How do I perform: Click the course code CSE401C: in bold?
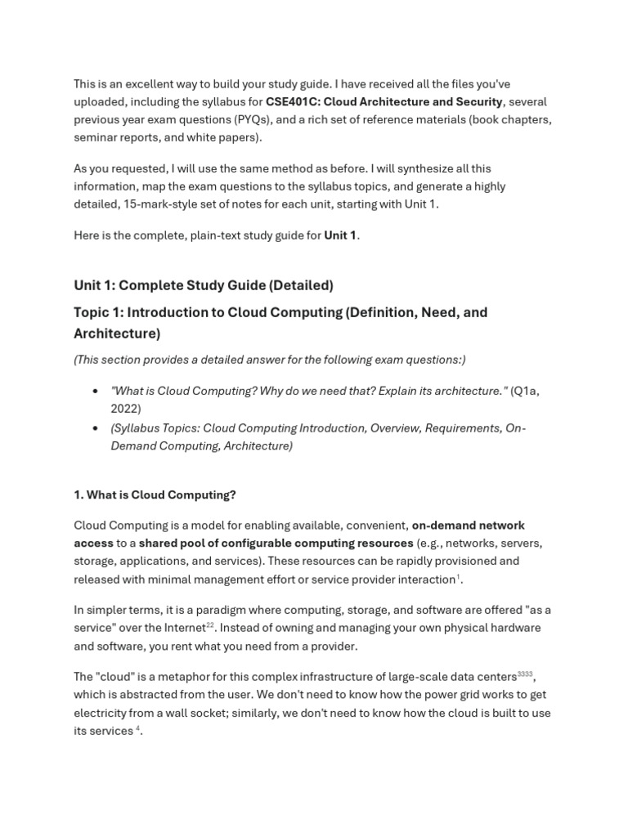click(x=293, y=102)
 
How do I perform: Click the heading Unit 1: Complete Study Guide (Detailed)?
click(x=204, y=285)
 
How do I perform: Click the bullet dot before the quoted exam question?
click(x=96, y=392)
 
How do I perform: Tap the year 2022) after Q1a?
click(x=126, y=409)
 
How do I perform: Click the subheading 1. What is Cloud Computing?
click(x=155, y=495)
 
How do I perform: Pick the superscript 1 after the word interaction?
click(x=458, y=577)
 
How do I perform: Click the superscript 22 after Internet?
click(x=209, y=625)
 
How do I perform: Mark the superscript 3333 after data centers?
click(x=525, y=674)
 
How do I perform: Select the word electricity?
click(x=100, y=713)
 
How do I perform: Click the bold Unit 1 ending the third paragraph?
click(x=340, y=235)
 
